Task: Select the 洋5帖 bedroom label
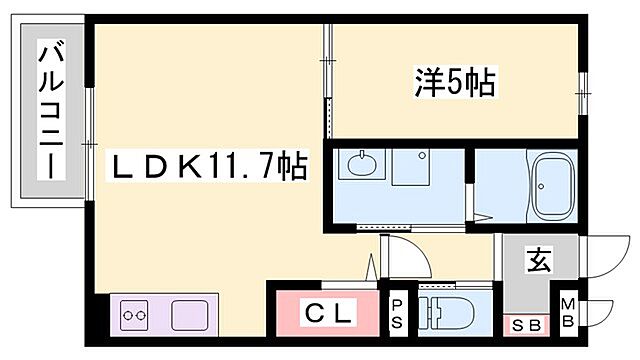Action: pos(455,83)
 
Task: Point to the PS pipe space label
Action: pos(397,314)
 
